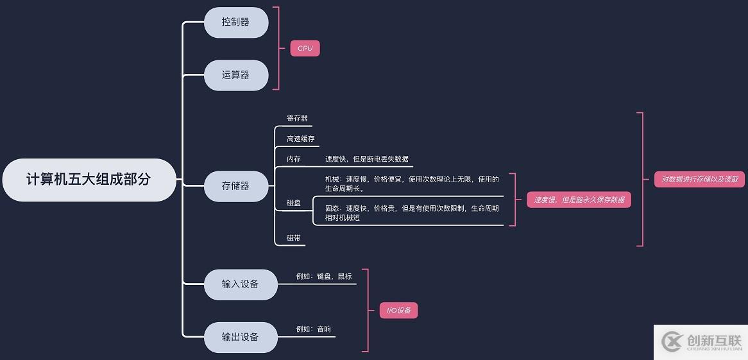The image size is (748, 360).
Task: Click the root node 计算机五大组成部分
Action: click(89, 180)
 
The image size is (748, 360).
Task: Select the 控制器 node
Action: click(235, 22)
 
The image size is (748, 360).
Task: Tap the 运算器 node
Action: click(235, 75)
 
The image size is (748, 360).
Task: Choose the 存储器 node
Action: click(235, 186)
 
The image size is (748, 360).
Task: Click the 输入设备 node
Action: click(241, 284)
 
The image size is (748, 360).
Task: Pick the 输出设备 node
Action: click(241, 337)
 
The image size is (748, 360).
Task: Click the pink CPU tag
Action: click(305, 48)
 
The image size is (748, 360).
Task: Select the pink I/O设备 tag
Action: click(398, 311)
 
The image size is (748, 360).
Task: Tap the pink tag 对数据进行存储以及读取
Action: click(700, 180)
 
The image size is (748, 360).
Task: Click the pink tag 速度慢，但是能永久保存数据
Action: click(579, 200)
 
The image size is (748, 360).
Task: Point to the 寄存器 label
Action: click(297, 119)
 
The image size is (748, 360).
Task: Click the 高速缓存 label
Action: click(300, 139)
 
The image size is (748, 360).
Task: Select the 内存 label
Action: click(294, 159)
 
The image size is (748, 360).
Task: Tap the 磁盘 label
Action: click(294, 203)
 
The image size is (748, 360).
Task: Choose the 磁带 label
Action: click(294, 238)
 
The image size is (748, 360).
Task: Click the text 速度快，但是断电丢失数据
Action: click(366, 159)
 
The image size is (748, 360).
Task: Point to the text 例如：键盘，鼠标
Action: click(324, 277)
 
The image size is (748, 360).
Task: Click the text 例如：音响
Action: click(314, 329)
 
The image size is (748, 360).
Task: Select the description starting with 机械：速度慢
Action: click(412, 184)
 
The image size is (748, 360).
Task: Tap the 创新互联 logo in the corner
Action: click(701, 342)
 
